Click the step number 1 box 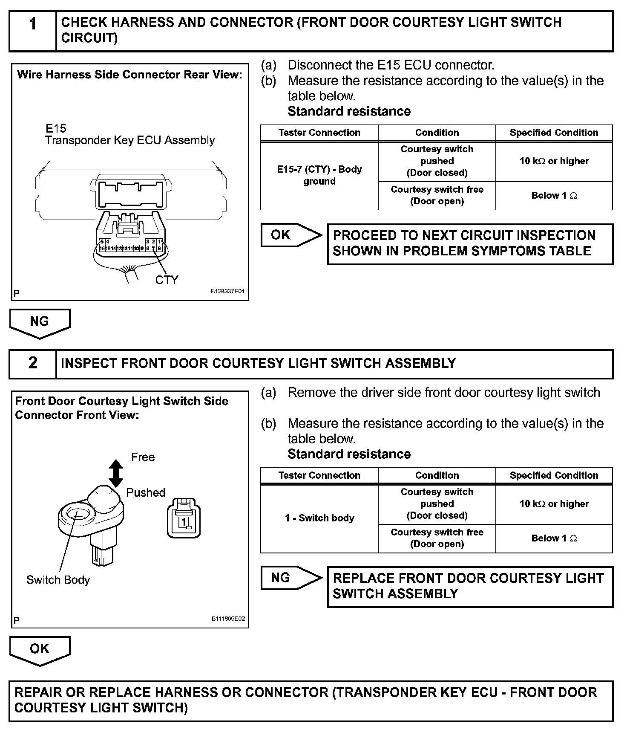[x=33, y=31]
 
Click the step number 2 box [x=33, y=364]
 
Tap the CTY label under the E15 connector [x=167, y=280]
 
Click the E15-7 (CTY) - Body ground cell [x=319, y=175]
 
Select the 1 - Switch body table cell [x=319, y=518]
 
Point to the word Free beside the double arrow [x=143, y=457]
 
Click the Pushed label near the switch [x=146, y=492]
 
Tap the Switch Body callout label [x=58, y=580]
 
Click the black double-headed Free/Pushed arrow [x=116, y=473]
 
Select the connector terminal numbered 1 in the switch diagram [x=184, y=522]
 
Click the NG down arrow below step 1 [x=40, y=323]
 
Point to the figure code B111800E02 [x=228, y=619]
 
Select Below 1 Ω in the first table [x=554, y=196]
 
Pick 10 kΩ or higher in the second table [x=554, y=504]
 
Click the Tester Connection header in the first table [x=319, y=133]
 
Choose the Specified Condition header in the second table [x=554, y=475]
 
